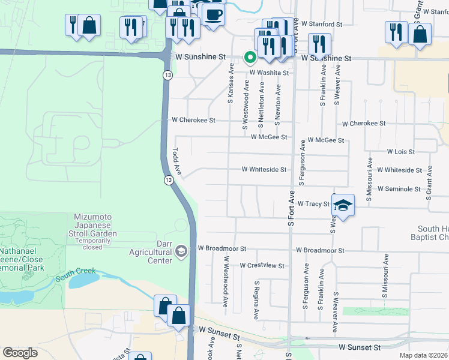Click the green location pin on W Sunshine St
click(250, 57)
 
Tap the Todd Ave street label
click(177, 161)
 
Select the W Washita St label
click(270, 73)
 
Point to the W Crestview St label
click(262, 265)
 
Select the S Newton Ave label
click(277, 104)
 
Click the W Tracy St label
click(313, 204)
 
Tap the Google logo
click(20, 353)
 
